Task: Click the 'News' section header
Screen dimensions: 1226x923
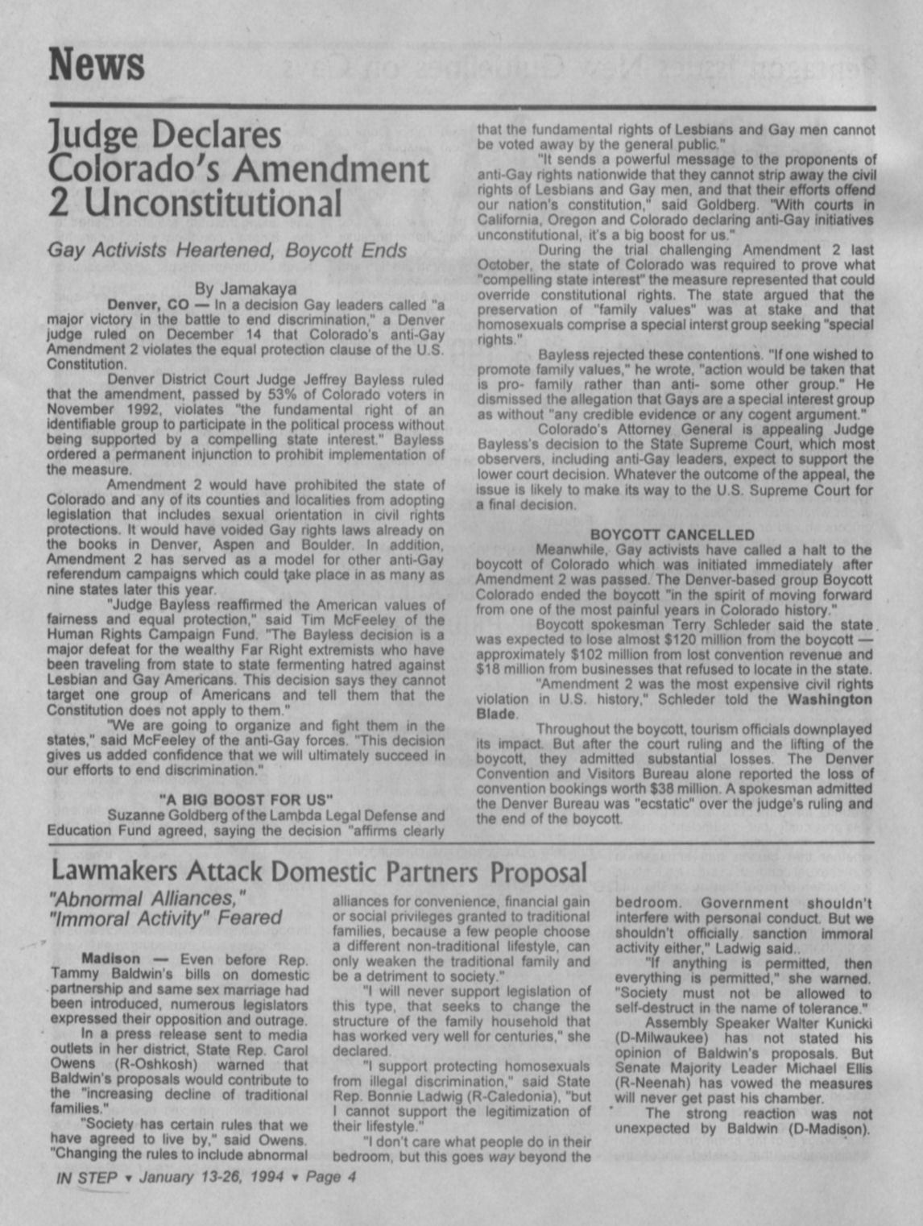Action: tap(97, 65)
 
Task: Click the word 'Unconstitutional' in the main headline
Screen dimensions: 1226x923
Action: tap(213, 202)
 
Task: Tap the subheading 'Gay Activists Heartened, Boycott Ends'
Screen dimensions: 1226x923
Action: tap(227, 251)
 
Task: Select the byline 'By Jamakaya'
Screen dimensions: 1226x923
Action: tap(246, 288)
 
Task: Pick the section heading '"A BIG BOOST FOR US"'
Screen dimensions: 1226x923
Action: tap(246, 800)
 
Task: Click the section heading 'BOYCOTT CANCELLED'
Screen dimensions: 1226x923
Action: tap(673, 535)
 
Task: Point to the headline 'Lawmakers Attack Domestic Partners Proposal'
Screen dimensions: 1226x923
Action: tap(319, 872)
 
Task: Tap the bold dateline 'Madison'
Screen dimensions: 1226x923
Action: tap(110, 959)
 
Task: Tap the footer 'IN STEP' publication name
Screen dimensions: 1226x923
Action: tap(87, 1178)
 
